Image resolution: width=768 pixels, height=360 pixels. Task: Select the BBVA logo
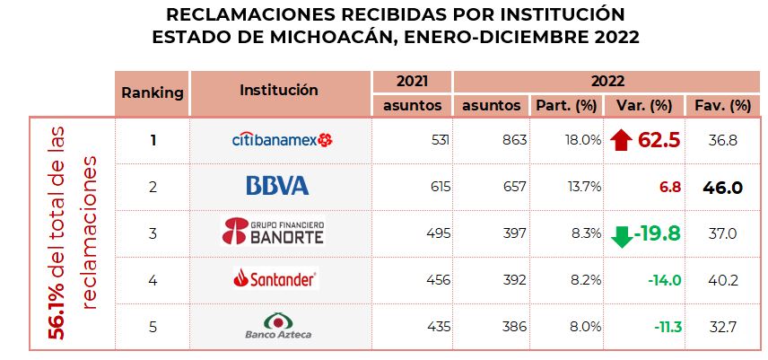point(277,187)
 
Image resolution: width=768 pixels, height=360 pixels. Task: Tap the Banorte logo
point(273,233)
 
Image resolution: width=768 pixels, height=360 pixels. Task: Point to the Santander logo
point(275,280)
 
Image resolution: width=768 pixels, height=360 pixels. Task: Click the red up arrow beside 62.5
point(619,140)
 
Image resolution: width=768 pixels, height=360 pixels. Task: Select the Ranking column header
point(153,92)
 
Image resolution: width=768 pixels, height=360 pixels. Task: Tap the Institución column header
point(279,90)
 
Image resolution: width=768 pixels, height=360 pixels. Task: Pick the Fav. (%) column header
point(722,105)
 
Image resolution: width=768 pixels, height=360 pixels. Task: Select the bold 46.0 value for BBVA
point(723,187)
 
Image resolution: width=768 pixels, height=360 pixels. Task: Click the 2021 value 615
point(431,187)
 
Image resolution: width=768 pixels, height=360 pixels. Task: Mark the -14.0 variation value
point(664,280)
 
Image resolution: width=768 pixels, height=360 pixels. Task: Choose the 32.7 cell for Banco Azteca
point(722,327)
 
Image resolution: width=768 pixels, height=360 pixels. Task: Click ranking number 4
point(153,280)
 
